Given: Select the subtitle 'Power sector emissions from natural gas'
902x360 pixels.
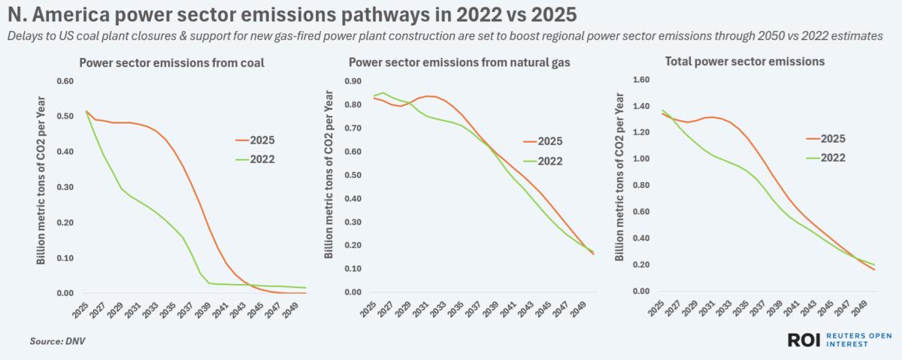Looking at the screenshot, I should (459, 63).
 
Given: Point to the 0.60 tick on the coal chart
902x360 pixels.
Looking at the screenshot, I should (67, 81).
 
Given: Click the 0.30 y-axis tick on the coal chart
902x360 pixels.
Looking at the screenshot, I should (67, 187).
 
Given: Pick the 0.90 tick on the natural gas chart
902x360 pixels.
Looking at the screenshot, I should (356, 81).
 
